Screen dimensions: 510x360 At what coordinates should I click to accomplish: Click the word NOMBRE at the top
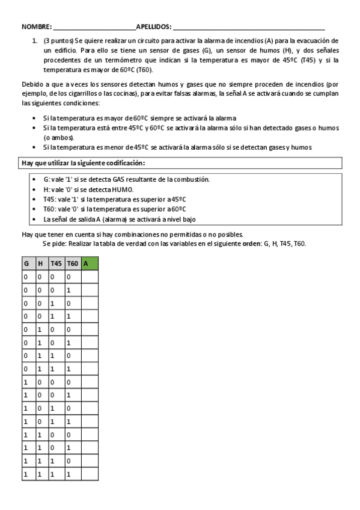coord(36,27)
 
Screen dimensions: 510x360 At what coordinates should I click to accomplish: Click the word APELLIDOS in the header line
coord(153,27)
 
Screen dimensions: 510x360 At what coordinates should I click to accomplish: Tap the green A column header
coord(90,263)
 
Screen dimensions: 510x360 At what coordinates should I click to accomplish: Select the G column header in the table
coord(26,263)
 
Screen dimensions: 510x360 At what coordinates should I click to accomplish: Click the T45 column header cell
coord(56,263)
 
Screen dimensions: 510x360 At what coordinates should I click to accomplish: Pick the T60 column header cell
coord(72,263)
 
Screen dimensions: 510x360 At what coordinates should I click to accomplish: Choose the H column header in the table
coord(40,263)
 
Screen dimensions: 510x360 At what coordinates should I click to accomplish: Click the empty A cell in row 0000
coord(90,277)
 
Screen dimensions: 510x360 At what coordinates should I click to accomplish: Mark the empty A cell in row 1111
coord(90,475)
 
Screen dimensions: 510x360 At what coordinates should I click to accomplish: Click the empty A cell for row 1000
coord(90,382)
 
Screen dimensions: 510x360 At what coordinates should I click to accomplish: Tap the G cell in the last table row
coord(26,475)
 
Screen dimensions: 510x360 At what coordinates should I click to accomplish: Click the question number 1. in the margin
coord(35,40)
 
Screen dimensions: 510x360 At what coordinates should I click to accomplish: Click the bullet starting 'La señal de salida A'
coord(120,219)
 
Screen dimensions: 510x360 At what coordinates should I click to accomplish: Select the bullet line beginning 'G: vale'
coord(126,179)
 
